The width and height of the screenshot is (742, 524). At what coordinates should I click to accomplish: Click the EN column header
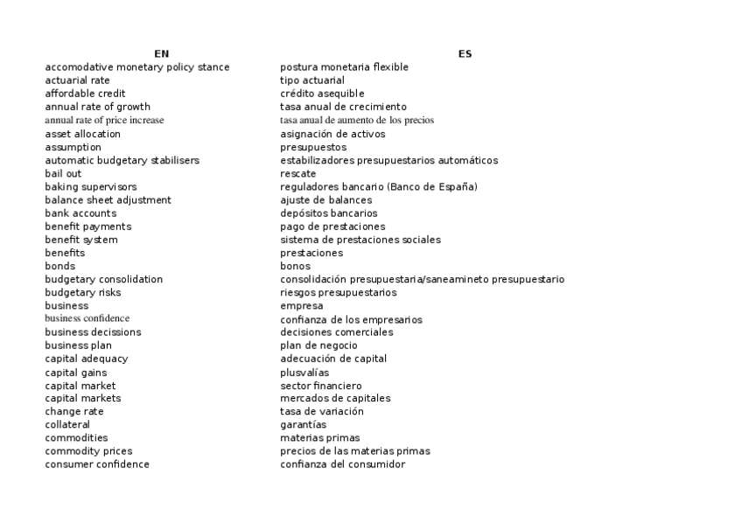(x=161, y=54)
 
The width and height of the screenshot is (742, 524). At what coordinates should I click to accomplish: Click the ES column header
(x=465, y=54)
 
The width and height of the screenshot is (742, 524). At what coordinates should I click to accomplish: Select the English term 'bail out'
(x=63, y=173)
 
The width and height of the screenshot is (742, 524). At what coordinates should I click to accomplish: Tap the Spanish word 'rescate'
(x=297, y=173)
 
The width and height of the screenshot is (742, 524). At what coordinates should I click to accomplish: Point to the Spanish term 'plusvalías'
(x=304, y=373)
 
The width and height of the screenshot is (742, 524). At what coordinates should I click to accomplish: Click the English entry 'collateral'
(x=67, y=425)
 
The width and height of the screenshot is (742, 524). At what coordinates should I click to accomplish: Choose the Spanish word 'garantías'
(x=304, y=425)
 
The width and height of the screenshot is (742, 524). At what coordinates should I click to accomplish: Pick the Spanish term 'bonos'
(x=295, y=266)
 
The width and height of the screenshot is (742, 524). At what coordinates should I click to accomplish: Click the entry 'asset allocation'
(x=83, y=134)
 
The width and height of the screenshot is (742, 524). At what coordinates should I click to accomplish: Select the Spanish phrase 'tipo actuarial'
(x=312, y=80)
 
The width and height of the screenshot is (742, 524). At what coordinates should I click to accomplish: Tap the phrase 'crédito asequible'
(x=322, y=94)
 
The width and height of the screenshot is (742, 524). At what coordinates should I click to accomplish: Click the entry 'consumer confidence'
(x=97, y=465)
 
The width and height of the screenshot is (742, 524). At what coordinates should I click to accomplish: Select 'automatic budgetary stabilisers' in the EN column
(x=122, y=160)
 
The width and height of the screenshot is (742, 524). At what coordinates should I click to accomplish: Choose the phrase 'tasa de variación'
(x=322, y=412)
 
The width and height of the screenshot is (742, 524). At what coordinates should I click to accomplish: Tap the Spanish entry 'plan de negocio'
(x=318, y=346)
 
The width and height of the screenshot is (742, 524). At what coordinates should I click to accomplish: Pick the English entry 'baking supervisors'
(x=91, y=187)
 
